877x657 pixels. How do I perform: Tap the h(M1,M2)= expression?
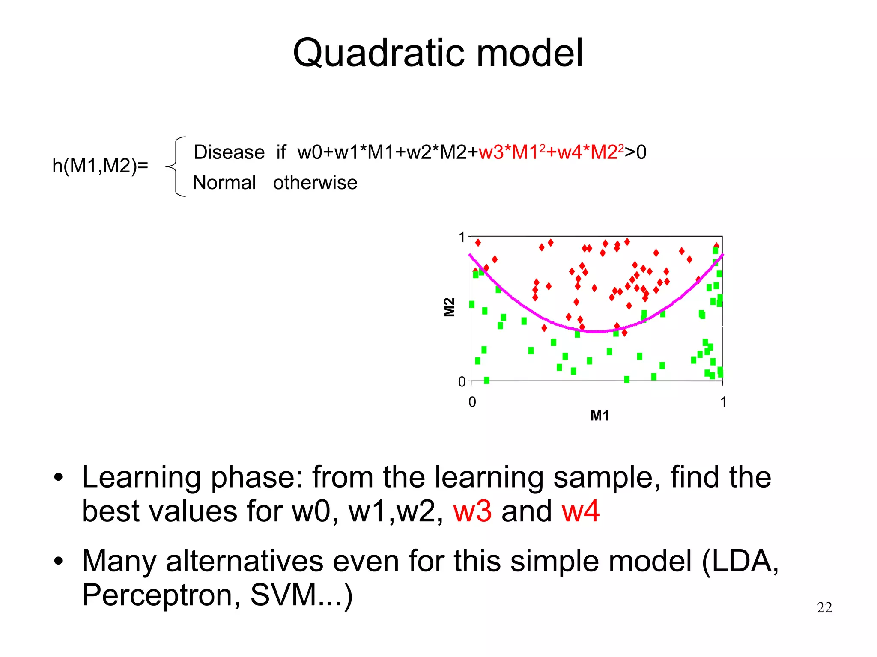tap(100, 166)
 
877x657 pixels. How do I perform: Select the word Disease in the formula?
tap(229, 152)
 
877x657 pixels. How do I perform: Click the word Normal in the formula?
tap(224, 183)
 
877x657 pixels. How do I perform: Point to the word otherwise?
tap(315, 183)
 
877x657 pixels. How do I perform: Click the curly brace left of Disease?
tap(176, 166)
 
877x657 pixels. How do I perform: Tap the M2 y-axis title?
tap(448, 307)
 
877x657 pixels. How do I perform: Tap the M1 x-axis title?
tap(600, 416)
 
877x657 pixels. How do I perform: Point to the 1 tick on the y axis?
tap(462, 237)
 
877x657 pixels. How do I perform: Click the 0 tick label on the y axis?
tap(462, 381)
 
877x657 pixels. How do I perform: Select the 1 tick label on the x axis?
tap(723, 402)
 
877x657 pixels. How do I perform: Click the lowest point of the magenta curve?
tap(596, 332)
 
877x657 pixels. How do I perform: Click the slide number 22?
tap(824, 608)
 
